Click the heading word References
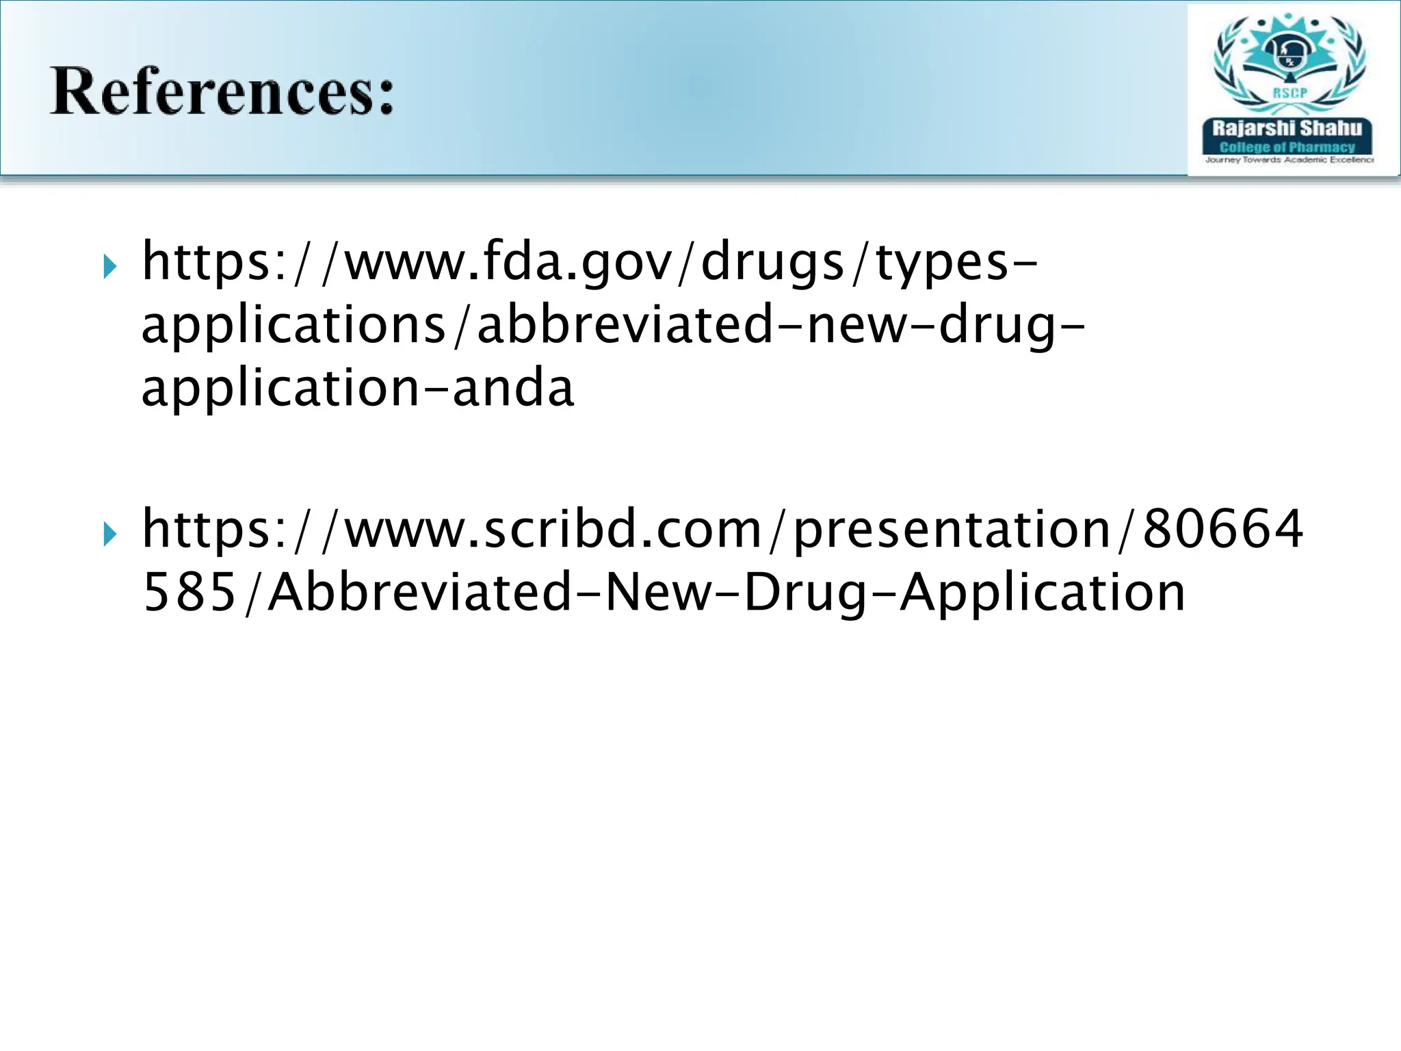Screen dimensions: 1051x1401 coord(222,92)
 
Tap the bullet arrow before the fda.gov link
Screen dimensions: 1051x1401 coord(110,266)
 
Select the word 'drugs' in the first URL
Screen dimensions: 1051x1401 coord(772,263)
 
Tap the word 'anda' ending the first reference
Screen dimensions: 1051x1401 coord(513,387)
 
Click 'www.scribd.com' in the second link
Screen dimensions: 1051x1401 coord(553,529)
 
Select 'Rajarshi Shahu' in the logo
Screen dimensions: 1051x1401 coord(1287,128)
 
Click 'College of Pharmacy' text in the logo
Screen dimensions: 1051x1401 coord(1287,147)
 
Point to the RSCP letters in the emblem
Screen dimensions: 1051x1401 coord(1289,93)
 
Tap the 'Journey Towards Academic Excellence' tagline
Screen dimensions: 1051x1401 coord(1289,160)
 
